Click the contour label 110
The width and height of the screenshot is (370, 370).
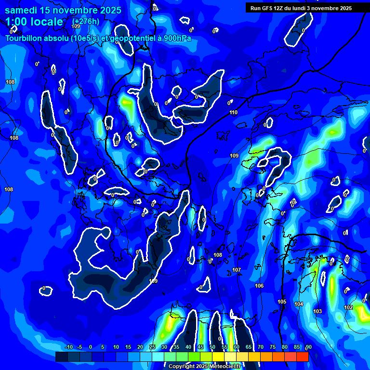[234, 112]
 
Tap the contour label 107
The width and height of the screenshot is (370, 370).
[237, 270]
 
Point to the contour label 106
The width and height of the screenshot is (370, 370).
[259, 286]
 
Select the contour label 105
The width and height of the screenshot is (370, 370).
[282, 302]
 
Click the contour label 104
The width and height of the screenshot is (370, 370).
[299, 304]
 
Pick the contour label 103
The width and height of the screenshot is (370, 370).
[317, 311]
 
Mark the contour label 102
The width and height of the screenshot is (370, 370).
[348, 307]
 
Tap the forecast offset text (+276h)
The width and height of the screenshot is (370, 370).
[85, 21]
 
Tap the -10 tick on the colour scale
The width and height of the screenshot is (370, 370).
[68, 347]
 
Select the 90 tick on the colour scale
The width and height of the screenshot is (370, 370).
[308, 347]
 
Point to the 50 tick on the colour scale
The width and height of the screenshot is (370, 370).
[212, 347]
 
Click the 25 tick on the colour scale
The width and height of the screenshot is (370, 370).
[152, 347]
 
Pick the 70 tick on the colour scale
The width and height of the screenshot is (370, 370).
[261, 347]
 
